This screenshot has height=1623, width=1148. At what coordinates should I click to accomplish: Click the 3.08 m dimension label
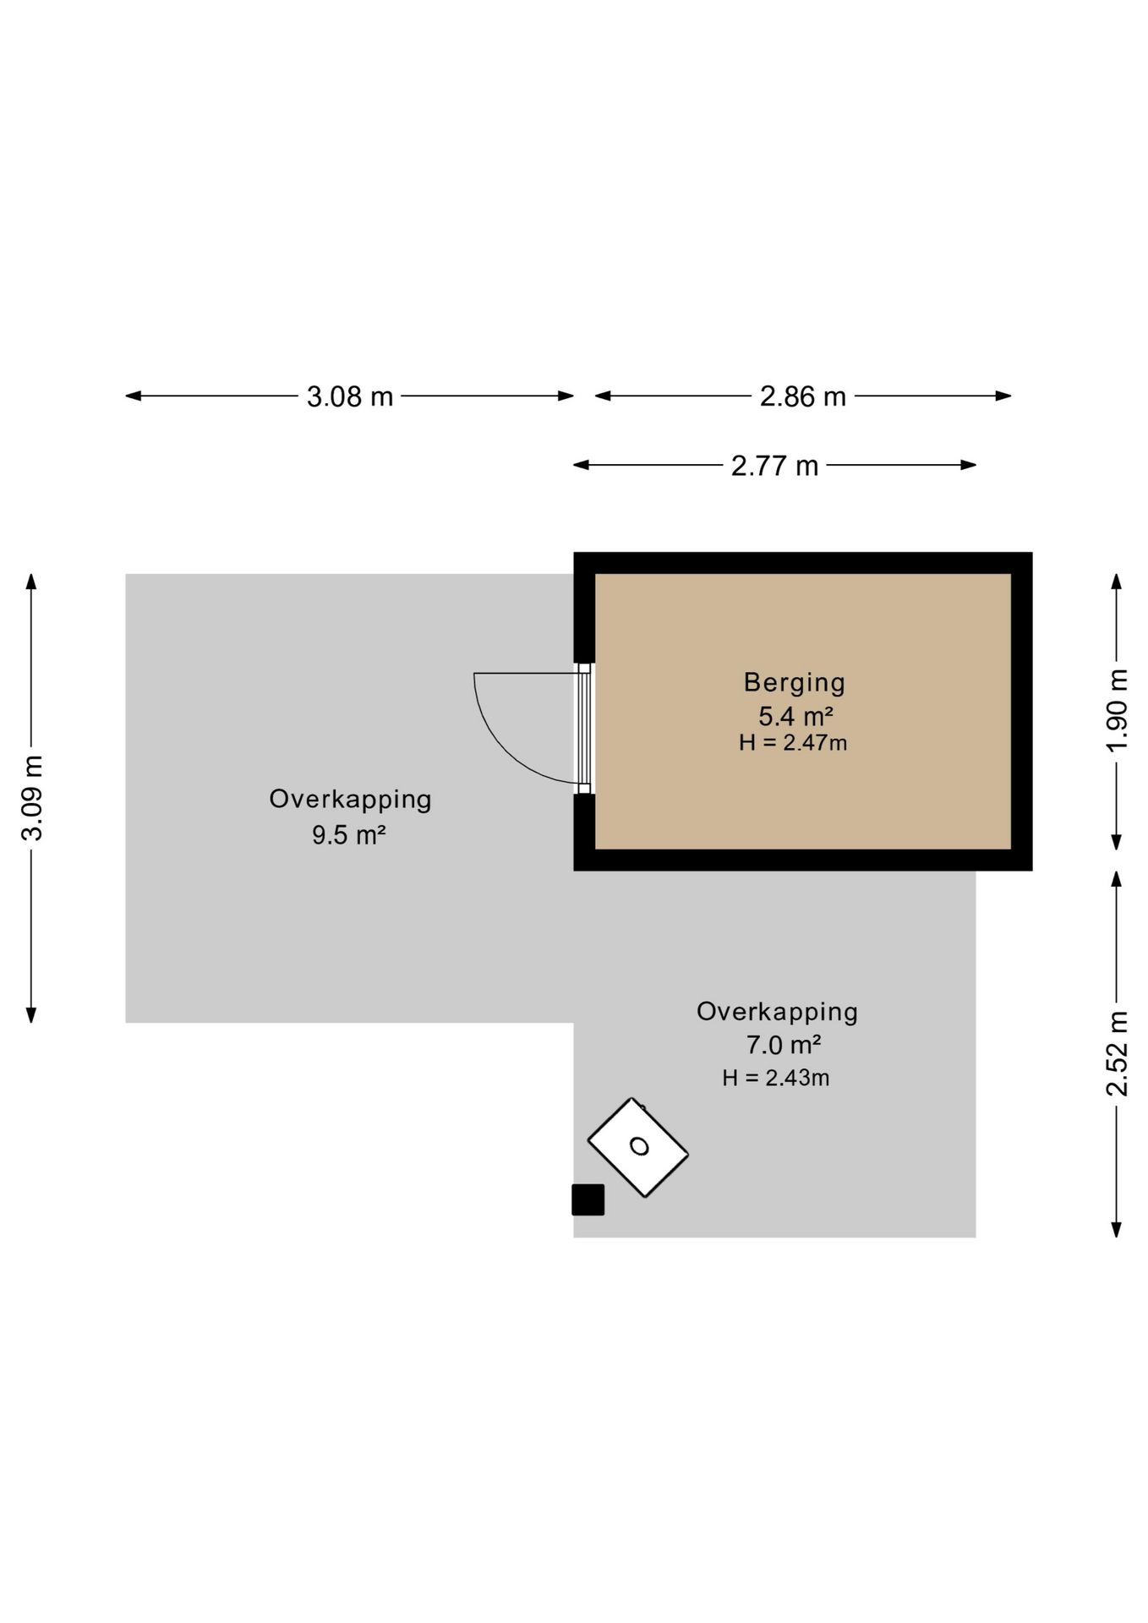pos(350,396)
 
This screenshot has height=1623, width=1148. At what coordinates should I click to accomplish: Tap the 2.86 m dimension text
pos(802,396)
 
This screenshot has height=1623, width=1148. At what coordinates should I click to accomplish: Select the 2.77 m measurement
pos(774,466)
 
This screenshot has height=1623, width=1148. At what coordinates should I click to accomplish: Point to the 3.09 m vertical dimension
pos(32,798)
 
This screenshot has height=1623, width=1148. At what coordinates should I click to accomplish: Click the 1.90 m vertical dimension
pos(1117,710)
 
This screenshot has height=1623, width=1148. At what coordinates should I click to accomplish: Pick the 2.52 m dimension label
pos(1117,1053)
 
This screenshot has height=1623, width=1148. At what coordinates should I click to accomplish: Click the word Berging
pos(794,682)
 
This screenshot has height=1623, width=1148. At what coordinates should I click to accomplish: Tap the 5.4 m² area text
pos(795,716)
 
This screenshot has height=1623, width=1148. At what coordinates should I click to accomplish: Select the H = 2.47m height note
pos(793,743)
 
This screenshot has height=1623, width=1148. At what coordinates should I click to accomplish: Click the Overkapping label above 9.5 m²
pos(350,799)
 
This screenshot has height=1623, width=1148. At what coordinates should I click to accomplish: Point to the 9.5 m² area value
pos(349,835)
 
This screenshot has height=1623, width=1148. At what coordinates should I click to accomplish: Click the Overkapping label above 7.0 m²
pos(777,1011)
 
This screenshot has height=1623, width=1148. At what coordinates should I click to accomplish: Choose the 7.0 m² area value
pos(784,1046)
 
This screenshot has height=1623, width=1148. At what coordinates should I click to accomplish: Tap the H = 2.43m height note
pos(776,1078)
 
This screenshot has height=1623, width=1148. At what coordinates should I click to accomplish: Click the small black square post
pos(588,1199)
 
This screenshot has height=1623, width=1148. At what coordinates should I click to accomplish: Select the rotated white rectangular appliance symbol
pos(638,1147)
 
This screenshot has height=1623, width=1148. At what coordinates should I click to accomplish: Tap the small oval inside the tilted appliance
pos(640,1146)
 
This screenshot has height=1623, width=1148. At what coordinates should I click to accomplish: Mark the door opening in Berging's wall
pos(584,729)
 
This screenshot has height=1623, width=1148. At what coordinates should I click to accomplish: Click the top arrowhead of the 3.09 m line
pos(31,582)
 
